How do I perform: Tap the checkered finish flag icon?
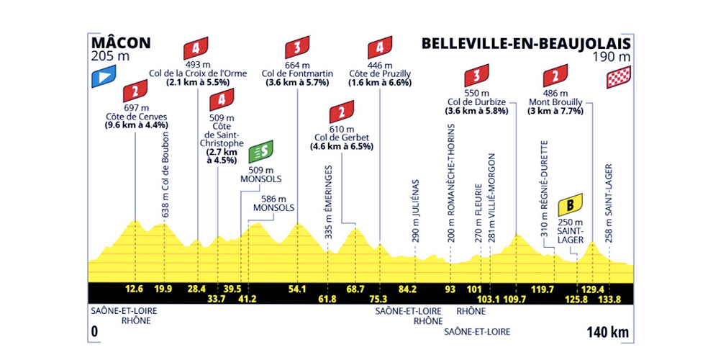coord(619,77)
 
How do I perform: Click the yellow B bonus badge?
coord(571,203)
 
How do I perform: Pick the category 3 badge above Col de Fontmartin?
coord(297,48)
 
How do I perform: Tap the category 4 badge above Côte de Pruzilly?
coord(380,48)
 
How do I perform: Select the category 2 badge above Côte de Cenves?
coord(135,91)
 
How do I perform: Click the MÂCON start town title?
coord(121,43)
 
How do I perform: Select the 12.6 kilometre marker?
coord(134,290)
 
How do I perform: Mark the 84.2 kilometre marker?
coord(409,290)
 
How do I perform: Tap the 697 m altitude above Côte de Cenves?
coord(135,109)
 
